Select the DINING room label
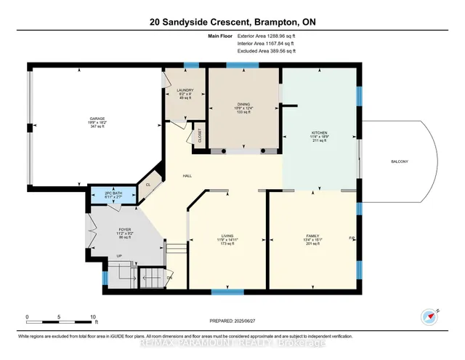coord(244,105)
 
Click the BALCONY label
coord(400,161)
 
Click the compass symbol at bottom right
coord(430,316)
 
